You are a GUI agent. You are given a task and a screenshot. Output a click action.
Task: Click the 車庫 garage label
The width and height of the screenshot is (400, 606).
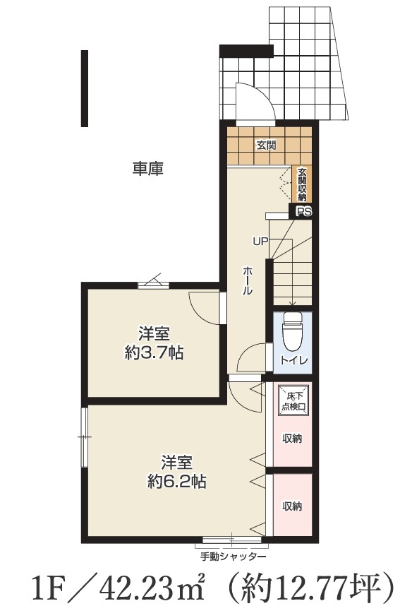tap(148, 169)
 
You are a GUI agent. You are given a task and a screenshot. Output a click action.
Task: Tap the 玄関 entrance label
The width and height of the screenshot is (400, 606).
tap(267, 145)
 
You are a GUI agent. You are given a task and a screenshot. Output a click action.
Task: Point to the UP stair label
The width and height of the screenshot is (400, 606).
tap(260, 242)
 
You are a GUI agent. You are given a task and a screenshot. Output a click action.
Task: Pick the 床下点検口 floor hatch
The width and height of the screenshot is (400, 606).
tap(293, 400)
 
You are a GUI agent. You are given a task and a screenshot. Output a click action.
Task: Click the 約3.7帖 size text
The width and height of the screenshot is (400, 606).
tap(154, 353)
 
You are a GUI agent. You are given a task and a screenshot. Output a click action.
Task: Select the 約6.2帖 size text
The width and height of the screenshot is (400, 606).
tap(176, 482)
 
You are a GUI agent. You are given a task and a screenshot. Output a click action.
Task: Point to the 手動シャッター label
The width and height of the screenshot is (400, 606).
tap(234, 557)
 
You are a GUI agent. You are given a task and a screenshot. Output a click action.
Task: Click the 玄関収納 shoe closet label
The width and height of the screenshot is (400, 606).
tap(301, 184)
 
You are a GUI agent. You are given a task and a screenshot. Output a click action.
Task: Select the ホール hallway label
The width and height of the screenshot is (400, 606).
tap(248, 280)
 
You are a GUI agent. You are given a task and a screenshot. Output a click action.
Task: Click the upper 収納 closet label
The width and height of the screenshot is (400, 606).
tap(292, 439)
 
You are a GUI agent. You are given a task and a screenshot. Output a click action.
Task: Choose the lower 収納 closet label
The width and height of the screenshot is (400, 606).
tap(292, 506)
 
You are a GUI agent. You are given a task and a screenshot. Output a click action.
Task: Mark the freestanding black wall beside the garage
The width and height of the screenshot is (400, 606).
tap(85, 88)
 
